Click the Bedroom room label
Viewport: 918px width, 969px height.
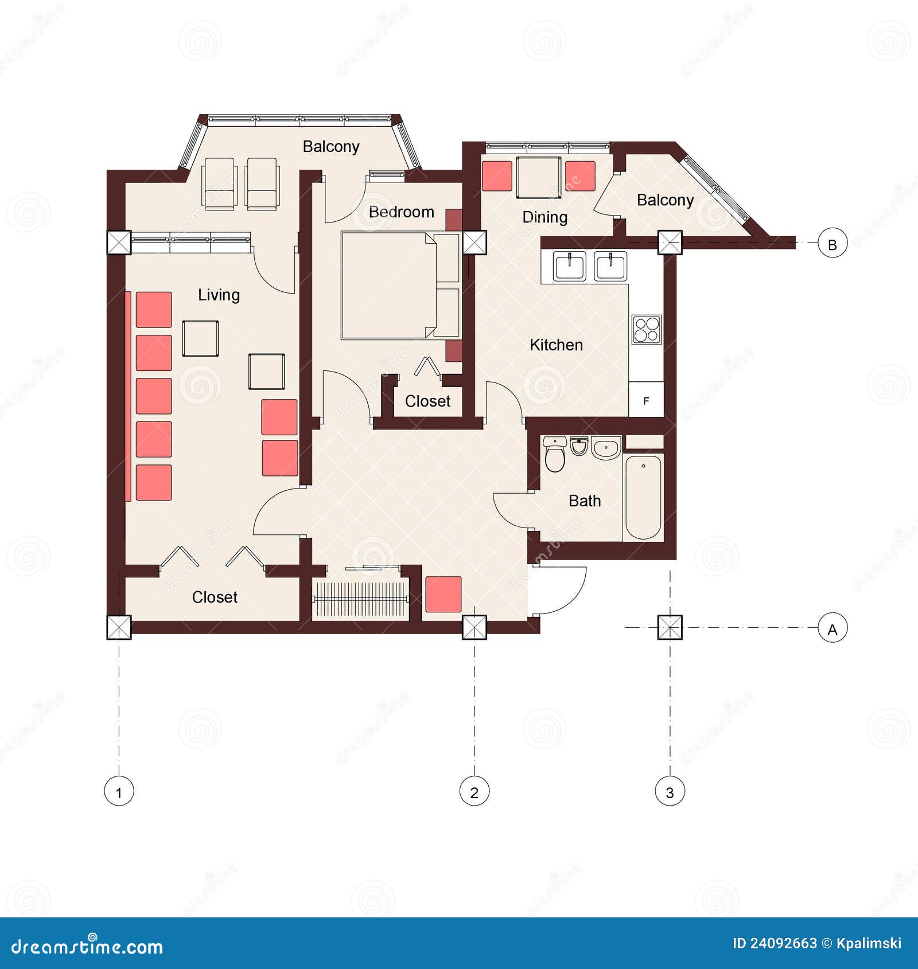(401, 212)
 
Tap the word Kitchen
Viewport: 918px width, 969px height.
(556, 345)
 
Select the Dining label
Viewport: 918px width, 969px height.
(544, 217)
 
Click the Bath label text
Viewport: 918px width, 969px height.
(585, 501)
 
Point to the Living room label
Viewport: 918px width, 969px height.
(219, 295)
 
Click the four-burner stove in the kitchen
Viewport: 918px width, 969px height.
(647, 330)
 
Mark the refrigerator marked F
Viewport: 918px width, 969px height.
(647, 400)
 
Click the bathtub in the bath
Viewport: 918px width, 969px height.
(643, 497)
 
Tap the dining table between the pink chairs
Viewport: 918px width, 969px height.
(538, 177)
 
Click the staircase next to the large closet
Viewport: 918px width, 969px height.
(360, 599)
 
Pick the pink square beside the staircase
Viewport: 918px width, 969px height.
(443, 595)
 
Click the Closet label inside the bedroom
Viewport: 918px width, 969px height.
(427, 401)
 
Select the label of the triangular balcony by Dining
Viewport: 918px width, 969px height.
(665, 200)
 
